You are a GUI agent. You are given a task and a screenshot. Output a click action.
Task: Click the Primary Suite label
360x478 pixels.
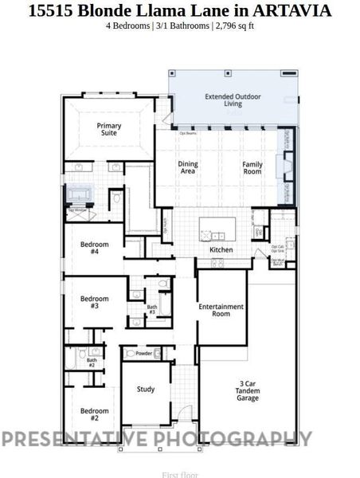(x=109, y=129)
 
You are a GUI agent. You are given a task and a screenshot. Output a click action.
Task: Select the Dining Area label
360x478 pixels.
(x=188, y=167)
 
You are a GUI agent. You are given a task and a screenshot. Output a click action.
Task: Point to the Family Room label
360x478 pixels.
(x=252, y=167)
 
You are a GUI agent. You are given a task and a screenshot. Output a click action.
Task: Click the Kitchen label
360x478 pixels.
(x=221, y=249)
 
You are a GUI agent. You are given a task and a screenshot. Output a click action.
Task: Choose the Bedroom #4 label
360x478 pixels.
(x=95, y=247)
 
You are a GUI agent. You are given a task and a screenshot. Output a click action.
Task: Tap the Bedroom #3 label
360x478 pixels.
(x=95, y=302)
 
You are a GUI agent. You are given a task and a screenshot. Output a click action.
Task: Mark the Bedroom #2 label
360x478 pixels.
(x=94, y=414)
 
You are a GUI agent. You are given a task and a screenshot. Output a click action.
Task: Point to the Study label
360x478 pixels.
(x=145, y=390)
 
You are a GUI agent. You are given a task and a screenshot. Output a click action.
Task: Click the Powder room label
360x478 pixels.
(x=144, y=353)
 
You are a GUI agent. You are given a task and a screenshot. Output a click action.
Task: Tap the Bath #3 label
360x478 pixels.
(x=152, y=310)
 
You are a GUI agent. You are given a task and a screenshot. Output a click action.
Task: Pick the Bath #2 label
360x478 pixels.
(x=91, y=362)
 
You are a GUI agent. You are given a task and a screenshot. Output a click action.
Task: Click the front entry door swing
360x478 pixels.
(x=183, y=415)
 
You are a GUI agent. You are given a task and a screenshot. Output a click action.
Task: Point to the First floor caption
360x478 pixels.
(x=179, y=475)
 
